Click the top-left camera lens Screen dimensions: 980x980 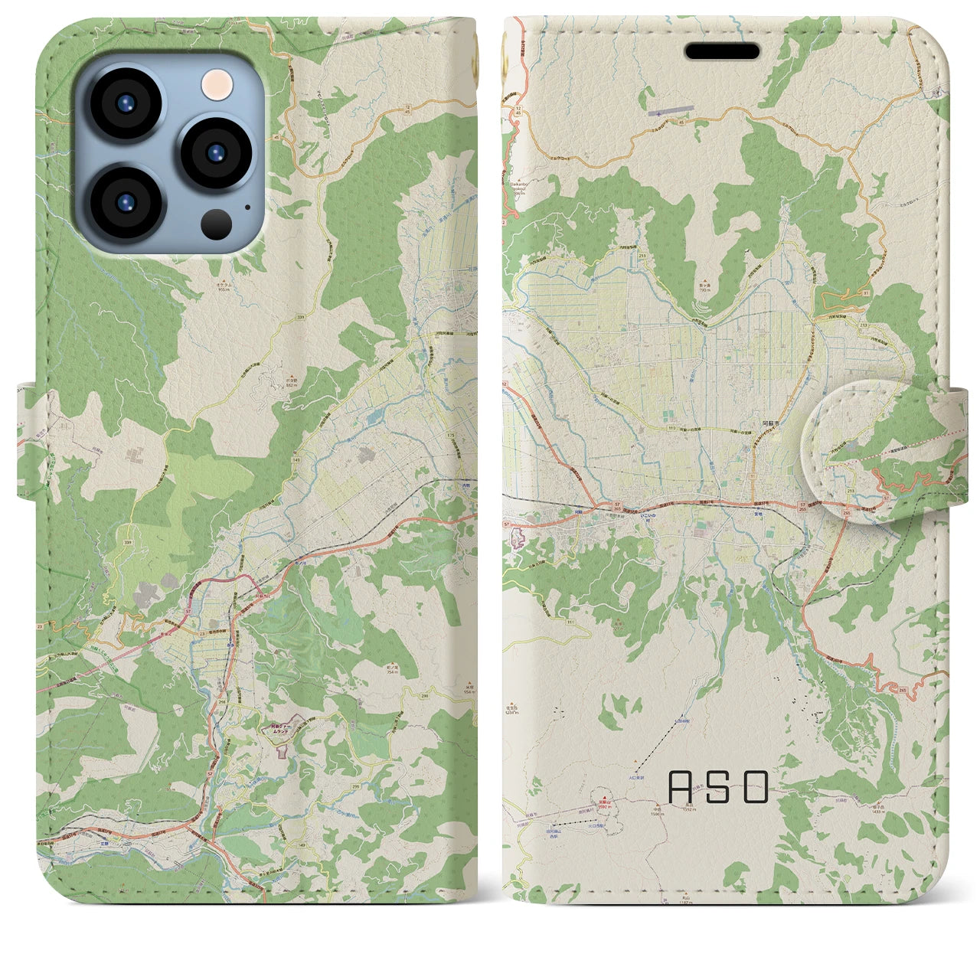pos(125,104)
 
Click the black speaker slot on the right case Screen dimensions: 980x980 pos(722,51)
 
